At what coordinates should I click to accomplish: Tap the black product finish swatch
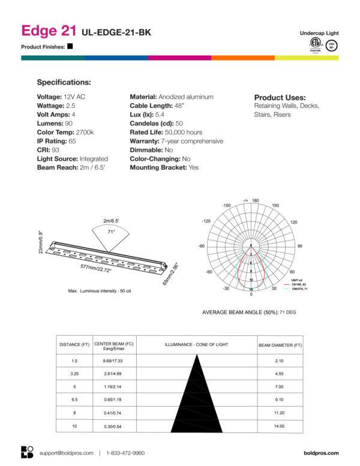click(70, 46)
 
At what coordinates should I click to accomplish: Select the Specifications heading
click(64, 82)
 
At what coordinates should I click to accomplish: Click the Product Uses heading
click(280, 98)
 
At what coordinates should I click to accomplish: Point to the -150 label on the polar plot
click(226, 206)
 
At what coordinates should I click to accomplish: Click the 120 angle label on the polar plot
click(293, 222)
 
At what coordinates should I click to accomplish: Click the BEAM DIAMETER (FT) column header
click(280, 345)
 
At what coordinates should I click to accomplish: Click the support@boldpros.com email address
click(66, 453)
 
